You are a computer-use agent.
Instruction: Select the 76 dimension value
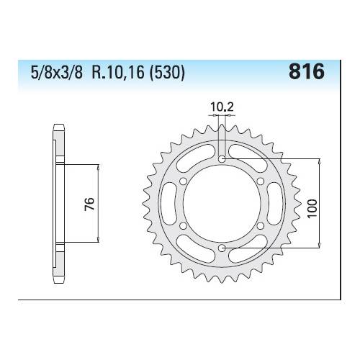point(86,204)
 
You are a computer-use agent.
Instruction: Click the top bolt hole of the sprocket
point(222,158)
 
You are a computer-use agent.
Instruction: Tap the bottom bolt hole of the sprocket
point(222,248)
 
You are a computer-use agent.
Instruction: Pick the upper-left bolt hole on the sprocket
point(183,181)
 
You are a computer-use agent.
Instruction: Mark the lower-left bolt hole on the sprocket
point(183,225)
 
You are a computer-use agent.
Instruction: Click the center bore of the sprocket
point(222,203)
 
